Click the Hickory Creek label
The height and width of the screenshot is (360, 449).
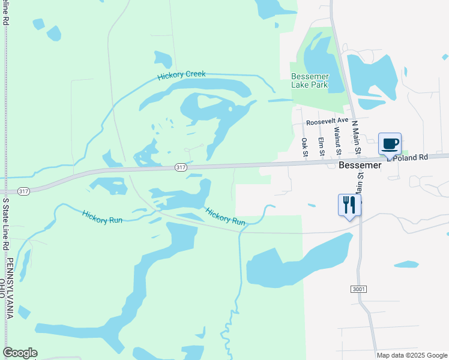(181, 75)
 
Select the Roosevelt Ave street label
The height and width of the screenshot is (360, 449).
(327, 121)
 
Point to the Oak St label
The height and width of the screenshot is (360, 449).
(304, 147)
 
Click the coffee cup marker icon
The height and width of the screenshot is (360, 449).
(390, 144)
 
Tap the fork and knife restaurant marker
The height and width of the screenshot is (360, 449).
(349, 205)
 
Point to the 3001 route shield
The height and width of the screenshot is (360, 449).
(358, 289)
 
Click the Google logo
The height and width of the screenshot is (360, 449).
(20, 353)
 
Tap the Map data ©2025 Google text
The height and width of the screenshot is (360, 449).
(412, 355)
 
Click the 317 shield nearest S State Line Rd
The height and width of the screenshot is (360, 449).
(23, 191)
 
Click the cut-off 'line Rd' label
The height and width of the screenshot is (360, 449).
(5, 12)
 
